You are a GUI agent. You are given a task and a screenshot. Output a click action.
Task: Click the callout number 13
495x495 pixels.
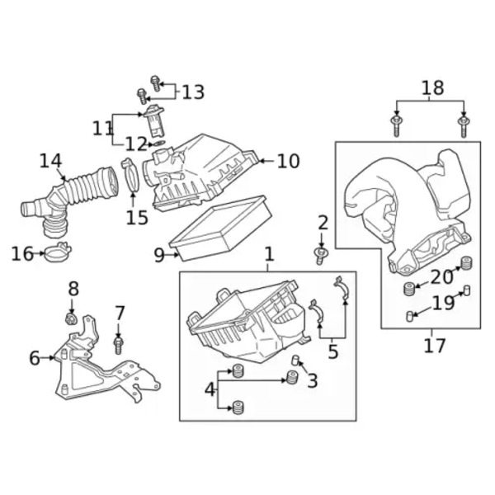193,92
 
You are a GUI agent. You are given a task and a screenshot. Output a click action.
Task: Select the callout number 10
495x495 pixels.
288,161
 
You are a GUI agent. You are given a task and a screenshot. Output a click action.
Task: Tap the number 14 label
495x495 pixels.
50,160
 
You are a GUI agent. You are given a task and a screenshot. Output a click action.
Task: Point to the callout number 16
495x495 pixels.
21,253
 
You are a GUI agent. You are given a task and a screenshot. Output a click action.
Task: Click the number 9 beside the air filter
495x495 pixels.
159,255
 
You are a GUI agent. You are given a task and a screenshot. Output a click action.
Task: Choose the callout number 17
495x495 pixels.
434,346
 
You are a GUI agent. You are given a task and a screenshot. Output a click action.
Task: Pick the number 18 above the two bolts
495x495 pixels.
432,87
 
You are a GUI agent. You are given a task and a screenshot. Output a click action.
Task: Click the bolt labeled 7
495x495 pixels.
119,342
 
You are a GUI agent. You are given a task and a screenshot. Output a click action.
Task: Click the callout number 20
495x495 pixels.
441,277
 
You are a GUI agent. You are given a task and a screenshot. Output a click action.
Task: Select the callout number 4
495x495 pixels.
210,389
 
